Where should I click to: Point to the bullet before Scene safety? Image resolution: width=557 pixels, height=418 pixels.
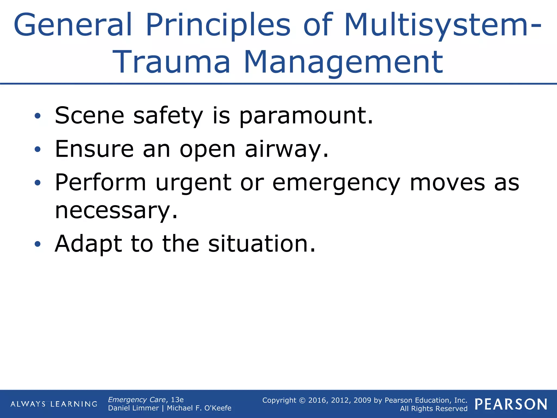click(38, 116)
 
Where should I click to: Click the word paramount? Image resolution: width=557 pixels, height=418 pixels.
click(306, 116)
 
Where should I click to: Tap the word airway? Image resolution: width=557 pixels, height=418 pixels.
click(287, 149)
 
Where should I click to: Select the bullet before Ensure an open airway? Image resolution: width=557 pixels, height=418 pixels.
click(38, 149)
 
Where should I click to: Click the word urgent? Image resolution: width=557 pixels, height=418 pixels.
click(193, 183)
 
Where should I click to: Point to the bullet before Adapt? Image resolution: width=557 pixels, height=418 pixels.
click(38, 244)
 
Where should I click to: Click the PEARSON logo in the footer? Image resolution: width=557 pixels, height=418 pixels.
click(511, 404)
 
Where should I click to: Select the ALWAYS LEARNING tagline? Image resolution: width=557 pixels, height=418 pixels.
click(54, 404)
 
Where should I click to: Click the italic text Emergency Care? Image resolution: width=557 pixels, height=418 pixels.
click(137, 400)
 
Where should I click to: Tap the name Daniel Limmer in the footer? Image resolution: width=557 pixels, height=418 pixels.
click(133, 408)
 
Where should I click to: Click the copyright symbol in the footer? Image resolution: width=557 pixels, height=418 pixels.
click(302, 400)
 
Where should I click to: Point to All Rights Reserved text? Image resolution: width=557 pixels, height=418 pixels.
click(434, 409)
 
